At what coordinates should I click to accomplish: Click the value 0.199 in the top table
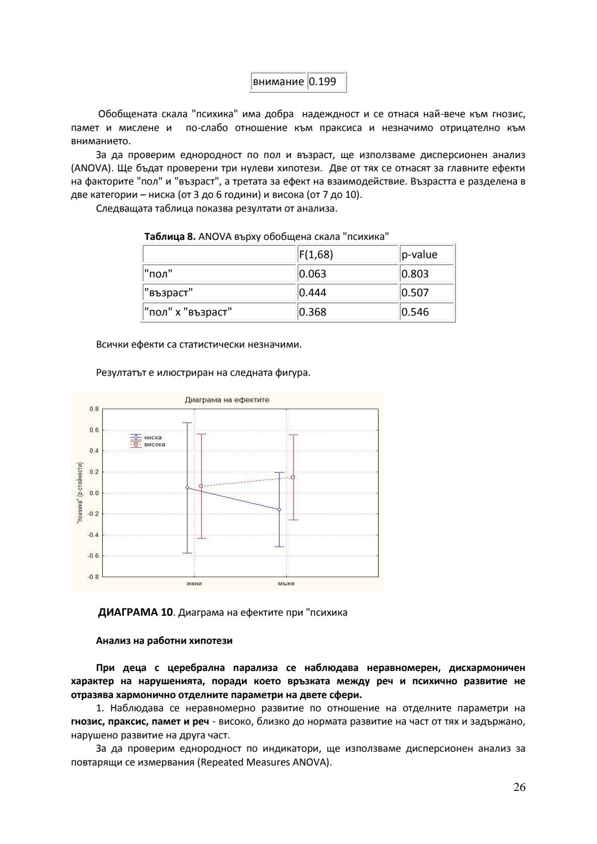point(322,82)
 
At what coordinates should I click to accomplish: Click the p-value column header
point(419,255)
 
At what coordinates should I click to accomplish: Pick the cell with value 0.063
point(312,274)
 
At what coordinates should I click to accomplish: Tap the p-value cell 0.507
point(415,293)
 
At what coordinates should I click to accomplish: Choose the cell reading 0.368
point(312,312)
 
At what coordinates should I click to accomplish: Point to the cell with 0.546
point(415,312)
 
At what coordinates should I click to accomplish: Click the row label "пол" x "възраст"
point(188,312)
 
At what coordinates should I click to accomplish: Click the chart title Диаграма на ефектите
point(227,400)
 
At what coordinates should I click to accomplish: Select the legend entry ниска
point(153,437)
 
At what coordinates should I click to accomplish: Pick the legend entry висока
point(154,444)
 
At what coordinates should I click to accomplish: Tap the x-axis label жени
point(193,584)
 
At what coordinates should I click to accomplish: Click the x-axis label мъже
point(286,584)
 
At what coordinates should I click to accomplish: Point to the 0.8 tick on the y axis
point(94,409)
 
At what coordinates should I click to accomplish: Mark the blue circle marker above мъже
point(279,510)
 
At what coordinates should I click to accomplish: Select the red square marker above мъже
point(293,477)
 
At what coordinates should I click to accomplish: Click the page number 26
point(519,788)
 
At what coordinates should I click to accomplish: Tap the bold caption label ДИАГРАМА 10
point(135,612)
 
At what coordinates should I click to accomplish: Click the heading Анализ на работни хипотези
point(164,641)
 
